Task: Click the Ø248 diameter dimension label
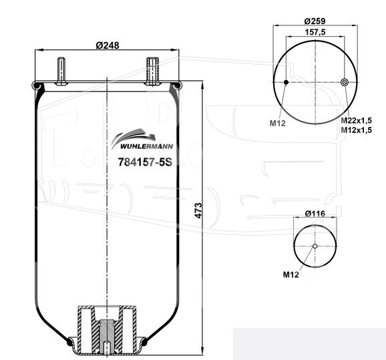(108, 45)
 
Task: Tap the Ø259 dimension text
(315, 21)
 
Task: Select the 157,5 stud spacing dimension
(315, 32)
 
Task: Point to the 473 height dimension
(198, 210)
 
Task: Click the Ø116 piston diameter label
(315, 214)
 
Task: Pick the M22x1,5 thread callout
(356, 120)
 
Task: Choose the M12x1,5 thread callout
(356, 130)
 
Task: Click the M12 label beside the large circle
(278, 123)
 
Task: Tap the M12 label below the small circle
(291, 275)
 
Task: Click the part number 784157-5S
(145, 162)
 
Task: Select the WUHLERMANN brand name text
(147, 146)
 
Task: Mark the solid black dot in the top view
(286, 82)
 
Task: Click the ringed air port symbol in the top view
(345, 82)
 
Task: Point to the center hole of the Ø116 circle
(315, 246)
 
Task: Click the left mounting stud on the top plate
(61, 71)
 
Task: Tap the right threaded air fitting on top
(152, 71)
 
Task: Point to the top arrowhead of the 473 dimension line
(202, 85)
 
